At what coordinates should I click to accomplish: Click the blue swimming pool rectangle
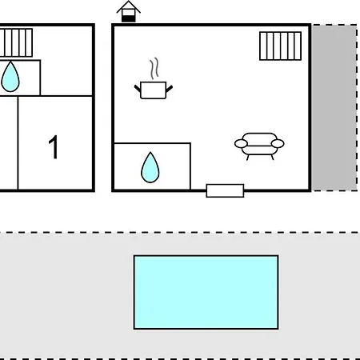pos(206,292)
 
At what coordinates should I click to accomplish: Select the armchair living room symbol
pos(259,146)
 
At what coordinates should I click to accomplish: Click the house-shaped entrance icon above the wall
pos(128,12)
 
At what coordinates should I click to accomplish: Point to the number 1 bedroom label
pos(54,146)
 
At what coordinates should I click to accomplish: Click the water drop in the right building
pos(150,167)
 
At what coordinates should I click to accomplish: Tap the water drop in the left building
pos(10,77)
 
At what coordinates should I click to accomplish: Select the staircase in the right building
pos(281,46)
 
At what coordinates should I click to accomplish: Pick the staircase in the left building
pos(16,42)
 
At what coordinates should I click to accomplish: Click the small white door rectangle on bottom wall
pos(225,190)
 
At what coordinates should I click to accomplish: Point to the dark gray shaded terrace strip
pos(334,108)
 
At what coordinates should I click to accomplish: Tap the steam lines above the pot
pos(154,69)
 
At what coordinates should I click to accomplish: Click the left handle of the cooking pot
pos(138,89)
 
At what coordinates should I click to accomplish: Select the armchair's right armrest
pos(278,143)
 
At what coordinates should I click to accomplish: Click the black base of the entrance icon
pos(129,18)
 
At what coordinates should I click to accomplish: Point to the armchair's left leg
pos(248,158)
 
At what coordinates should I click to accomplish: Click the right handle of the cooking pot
pos(169,89)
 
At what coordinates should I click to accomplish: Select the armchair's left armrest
pos(241,143)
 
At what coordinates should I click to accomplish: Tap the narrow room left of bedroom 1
pos(9,143)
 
